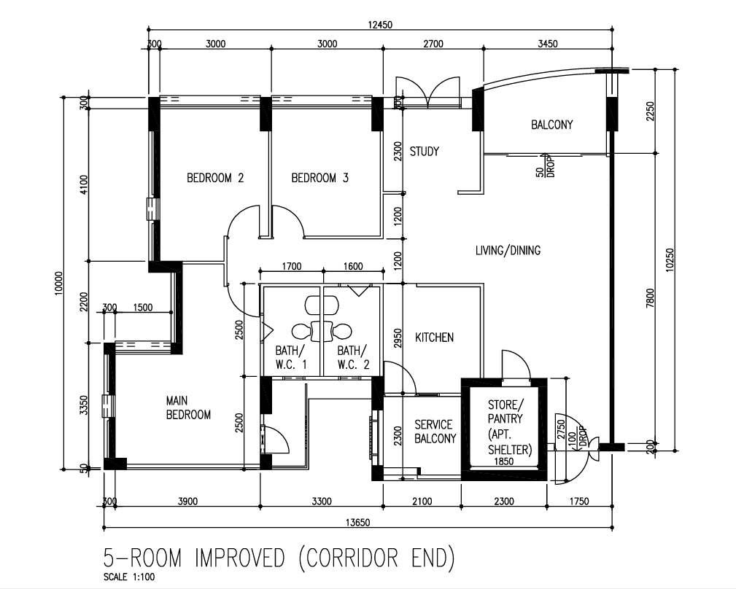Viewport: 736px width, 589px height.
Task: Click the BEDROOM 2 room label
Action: (x=215, y=178)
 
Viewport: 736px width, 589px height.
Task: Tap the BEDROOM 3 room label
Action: (x=320, y=178)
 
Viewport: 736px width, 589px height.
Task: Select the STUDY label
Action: (x=425, y=152)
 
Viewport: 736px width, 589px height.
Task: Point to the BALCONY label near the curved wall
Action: (x=552, y=125)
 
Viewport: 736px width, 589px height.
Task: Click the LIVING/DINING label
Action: (x=508, y=251)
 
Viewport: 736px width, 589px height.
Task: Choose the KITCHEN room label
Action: (x=434, y=338)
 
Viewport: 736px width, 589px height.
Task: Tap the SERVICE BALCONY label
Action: (x=435, y=432)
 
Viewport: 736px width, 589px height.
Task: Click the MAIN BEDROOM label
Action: (x=188, y=407)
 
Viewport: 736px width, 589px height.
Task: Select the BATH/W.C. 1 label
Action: (x=290, y=357)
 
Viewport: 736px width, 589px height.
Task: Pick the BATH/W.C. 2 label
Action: (x=353, y=357)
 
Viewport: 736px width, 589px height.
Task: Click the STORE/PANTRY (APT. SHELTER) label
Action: (x=510, y=427)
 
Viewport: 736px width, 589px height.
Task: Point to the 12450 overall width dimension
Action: (x=380, y=25)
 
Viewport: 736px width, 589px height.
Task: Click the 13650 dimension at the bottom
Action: (x=357, y=523)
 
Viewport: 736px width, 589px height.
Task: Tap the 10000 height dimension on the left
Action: (x=58, y=284)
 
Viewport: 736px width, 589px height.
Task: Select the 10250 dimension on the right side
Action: (x=670, y=260)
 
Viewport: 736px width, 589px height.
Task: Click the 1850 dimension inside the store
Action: (x=504, y=461)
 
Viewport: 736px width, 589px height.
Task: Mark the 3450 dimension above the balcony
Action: (x=547, y=44)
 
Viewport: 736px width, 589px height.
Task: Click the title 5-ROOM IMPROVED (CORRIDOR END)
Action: (x=279, y=558)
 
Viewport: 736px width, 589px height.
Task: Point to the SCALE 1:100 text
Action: (x=129, y=577)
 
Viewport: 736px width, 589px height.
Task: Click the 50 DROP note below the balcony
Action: (x=546, y=166)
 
